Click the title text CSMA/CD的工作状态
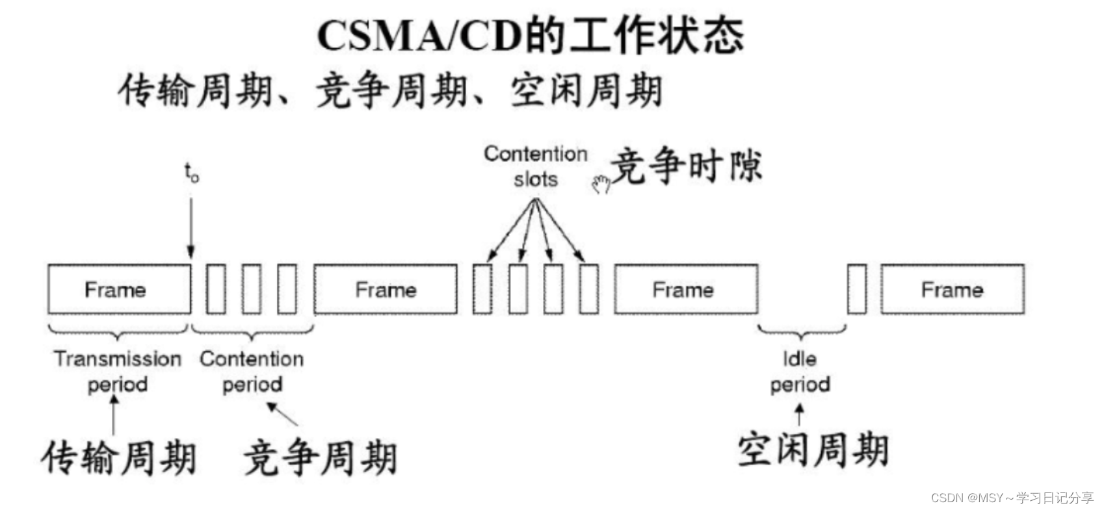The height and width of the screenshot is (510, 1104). point(530,36)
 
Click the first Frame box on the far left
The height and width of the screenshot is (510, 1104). point(119,290)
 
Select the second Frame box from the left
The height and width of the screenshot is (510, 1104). point(386,290)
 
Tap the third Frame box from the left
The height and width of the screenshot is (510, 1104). point(685,290)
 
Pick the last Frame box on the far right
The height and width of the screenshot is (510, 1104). point(952,290)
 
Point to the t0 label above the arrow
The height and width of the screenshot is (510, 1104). point(191,173)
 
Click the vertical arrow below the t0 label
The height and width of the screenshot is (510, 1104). point(191,227)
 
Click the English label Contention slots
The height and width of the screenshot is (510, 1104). point(535,166)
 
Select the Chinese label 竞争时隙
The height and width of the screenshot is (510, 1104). point(687,166)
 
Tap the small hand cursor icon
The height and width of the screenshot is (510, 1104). point(601,185)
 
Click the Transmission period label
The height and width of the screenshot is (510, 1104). point(118,371)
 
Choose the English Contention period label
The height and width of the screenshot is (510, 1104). point(252,371)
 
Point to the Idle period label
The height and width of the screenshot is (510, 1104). point(800,371)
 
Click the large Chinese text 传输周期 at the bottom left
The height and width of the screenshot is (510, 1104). point(119,457)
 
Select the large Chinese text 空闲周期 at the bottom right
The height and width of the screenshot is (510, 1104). point(813,450)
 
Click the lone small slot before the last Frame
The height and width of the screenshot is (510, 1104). point(857,290)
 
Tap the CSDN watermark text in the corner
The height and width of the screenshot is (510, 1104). point(1012,498)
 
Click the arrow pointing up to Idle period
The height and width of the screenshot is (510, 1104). point(800,414)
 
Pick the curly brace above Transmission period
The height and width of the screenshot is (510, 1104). point(118,331)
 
